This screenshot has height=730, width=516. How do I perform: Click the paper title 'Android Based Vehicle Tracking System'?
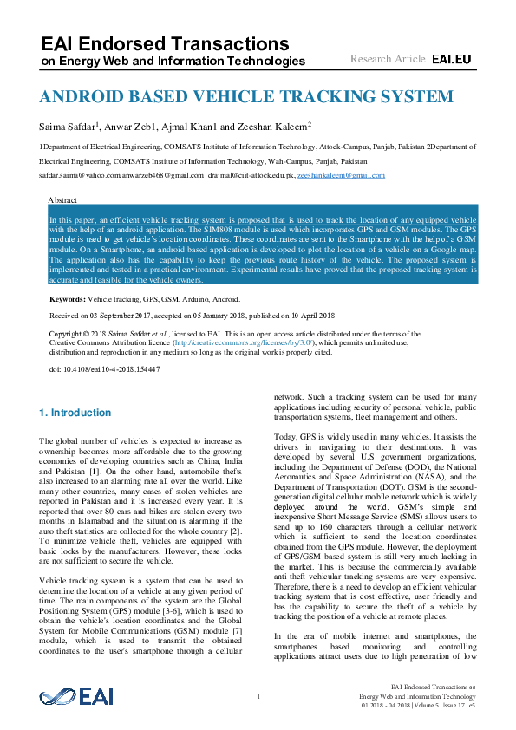245,96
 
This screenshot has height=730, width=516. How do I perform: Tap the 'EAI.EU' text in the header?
451,59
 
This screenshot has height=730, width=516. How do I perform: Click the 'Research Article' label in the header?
388,59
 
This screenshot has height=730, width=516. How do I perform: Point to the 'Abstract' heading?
64,199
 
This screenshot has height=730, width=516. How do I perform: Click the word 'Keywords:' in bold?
68,298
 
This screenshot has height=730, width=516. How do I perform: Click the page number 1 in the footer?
258,696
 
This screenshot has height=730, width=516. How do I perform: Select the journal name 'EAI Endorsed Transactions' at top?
165,43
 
